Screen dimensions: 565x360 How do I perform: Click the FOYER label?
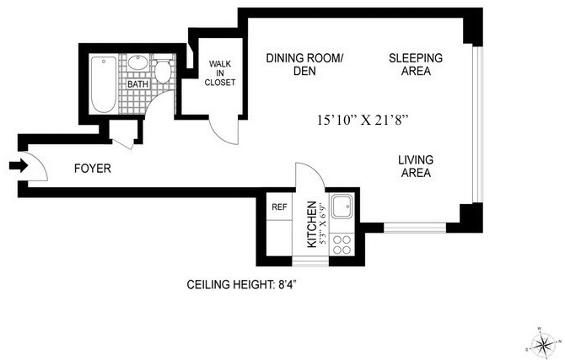click(93, 169)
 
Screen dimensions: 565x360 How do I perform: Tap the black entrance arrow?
click(19, 166)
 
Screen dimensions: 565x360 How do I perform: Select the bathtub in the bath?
click(104, 84)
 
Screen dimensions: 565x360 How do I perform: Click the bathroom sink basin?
click(137, 62)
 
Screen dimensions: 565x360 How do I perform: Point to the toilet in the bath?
click(163, 70)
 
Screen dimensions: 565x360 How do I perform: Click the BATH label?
click(137, 84)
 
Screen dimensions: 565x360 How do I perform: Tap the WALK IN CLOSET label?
click(220, 73)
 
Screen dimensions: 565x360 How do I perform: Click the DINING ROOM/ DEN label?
click(304, 64)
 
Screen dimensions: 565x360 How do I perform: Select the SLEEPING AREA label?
click(416, 64)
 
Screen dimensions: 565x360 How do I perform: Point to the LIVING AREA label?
click(416, 166)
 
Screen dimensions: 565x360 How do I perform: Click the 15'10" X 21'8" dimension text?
click(363, 120)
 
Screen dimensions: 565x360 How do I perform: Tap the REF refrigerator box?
click(279, 207)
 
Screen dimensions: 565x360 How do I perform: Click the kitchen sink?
click(342, 207)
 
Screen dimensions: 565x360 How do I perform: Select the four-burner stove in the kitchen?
click(342, 244)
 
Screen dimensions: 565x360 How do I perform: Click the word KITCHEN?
click(312, 224)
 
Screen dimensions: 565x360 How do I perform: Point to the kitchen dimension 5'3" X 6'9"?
click(322, 224)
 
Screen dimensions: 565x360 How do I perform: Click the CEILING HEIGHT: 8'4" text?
click(241, 285)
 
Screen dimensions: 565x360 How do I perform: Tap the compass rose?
click(543, 343)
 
